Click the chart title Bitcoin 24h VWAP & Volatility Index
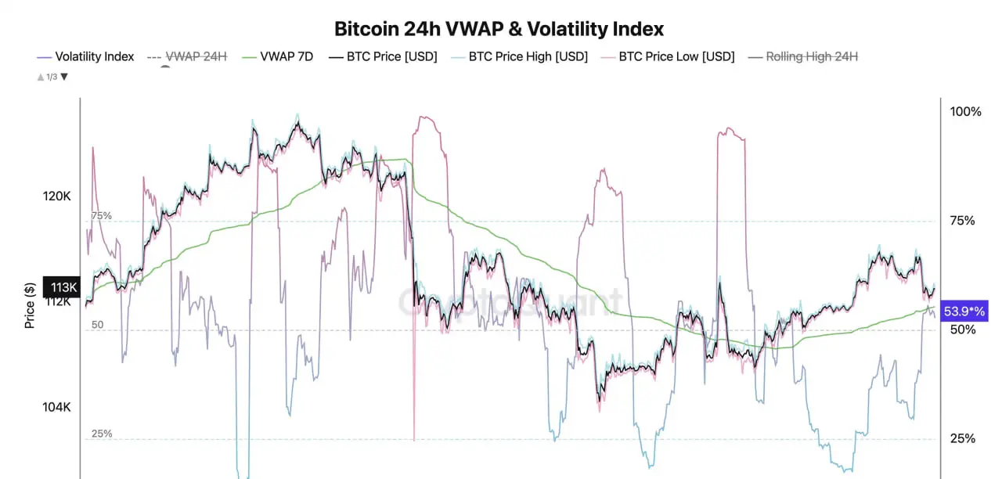click(499, 29)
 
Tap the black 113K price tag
click(61, 286)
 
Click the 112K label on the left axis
click(56, 301)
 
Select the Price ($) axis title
click(30, 304)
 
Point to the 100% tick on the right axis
click(965, 112)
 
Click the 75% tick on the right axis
click(962, 221)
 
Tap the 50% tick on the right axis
click(962, 330)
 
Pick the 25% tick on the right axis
click(962, 438)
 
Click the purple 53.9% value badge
click(964, 311)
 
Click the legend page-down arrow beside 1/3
click(64, 77)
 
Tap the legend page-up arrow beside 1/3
click(40, 77)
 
